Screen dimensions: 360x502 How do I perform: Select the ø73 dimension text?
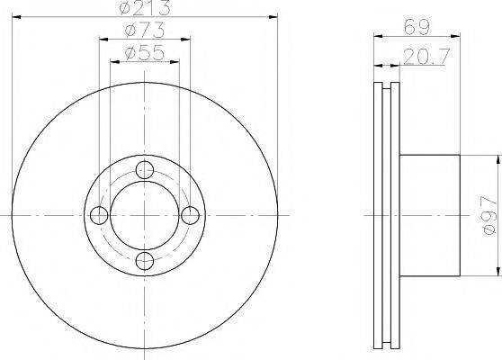[x=144, y=32]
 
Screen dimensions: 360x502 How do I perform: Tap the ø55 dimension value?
[x=144, y=55]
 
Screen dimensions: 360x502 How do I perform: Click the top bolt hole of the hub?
[x=145, y=168]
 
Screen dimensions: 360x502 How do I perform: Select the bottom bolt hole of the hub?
[x=145, y=261]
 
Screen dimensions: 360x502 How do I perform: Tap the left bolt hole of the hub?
[x=99, y=215]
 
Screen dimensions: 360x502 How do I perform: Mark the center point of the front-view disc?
[x=145, y=215]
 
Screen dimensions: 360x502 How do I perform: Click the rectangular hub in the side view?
[x=429, y=215]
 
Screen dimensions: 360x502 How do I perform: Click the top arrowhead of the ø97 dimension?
[x=496, y=157]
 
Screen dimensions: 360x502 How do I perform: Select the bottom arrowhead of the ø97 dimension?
[x=496, y=272]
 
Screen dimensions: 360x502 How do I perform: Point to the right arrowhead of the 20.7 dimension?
[x=397, y=65]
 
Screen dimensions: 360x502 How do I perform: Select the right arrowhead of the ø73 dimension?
[x=189, y=40]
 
